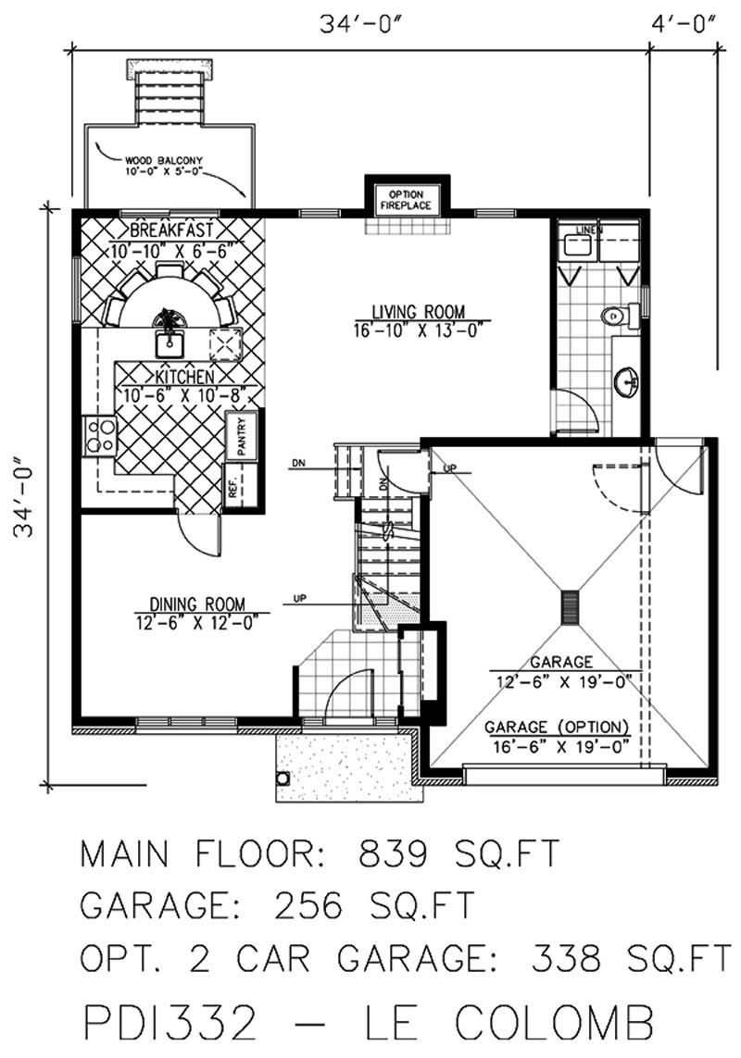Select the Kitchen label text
pos(173,378)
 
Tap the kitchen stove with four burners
pos(99,436)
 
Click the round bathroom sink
pos(628,381)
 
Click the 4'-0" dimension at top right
pos(685,25)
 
